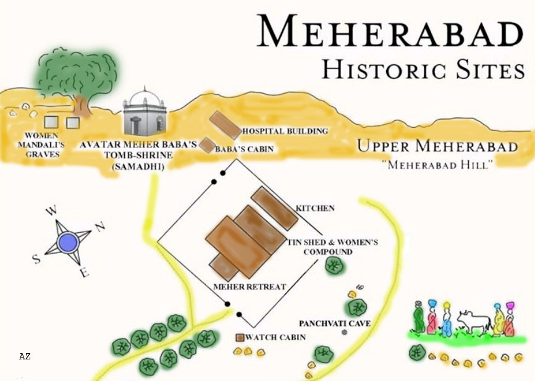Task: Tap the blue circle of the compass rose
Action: coord(68,241)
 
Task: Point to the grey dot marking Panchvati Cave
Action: coord(345,332)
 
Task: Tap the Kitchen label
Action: coord(315,209)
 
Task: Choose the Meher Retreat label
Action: coord(250,287)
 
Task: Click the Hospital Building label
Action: coord(285,132)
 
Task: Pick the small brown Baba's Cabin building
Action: coord(207,146)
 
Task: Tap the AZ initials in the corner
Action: coord(25,356)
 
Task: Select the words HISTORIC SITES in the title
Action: coord(423,69)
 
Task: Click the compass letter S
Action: coord(36,259)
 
